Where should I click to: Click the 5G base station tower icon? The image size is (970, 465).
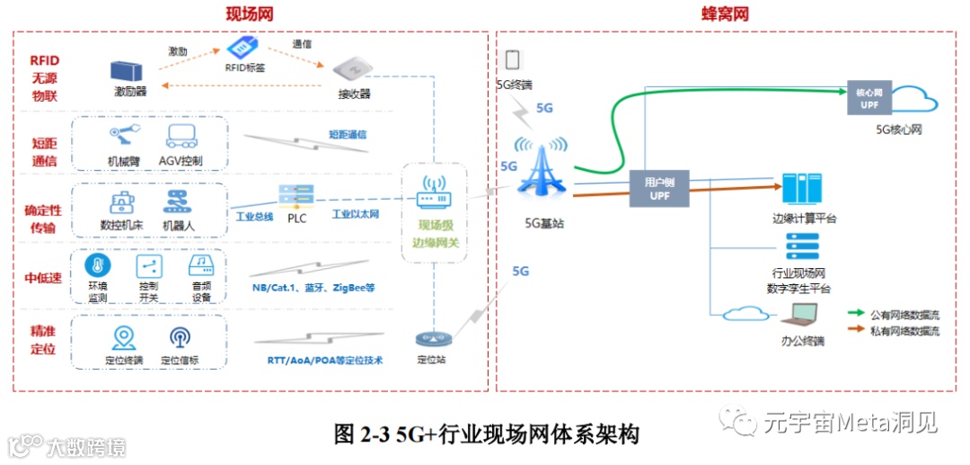pyautogui.click(x=542, y=171)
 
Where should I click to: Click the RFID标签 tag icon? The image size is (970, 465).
pyautogui.click(x=243, y=47)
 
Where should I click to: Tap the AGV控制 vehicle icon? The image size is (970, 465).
pyautogui.click(x=184, y=138)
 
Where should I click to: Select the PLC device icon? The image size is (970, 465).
pyautogui.click(x=295, y=195)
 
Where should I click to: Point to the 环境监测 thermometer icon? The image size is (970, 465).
pyautogui.click(x=97, y=266)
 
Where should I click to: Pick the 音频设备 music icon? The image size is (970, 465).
pyautogui.click(x=200, y=265)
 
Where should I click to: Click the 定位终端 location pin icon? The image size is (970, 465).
pyautogui.click(x=123, y=338)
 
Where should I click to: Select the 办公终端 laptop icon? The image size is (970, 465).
pyautogui.click(x=802, y=314)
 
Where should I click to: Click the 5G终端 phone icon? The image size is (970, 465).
pyautogui.click(x=513, y=60)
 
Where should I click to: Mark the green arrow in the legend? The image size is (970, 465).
pyautogui.click(x=857, y=314)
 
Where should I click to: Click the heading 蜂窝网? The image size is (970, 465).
pyautogui.click(x=725, y=14)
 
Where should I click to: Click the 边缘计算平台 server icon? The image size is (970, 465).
pyautogui.click(x=797, y=188)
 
